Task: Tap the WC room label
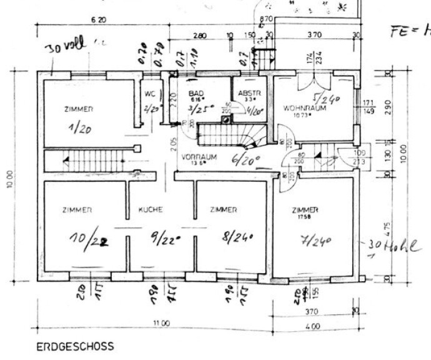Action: (x=149, y=94)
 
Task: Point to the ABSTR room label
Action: (x=244, y=93)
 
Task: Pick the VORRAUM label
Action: (x=199, y=157)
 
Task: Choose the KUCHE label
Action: (x=151, y=210)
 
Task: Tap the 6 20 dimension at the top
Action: (x=98, y=20)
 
